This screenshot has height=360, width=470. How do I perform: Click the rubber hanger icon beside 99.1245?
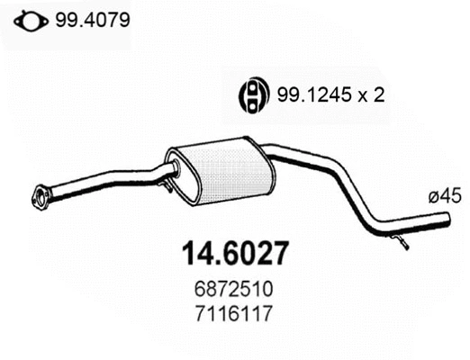(x=254, y=94)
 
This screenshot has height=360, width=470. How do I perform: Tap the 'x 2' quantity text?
(x=368, y=94)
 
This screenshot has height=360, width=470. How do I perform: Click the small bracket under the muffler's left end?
(x=167, y=186)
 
